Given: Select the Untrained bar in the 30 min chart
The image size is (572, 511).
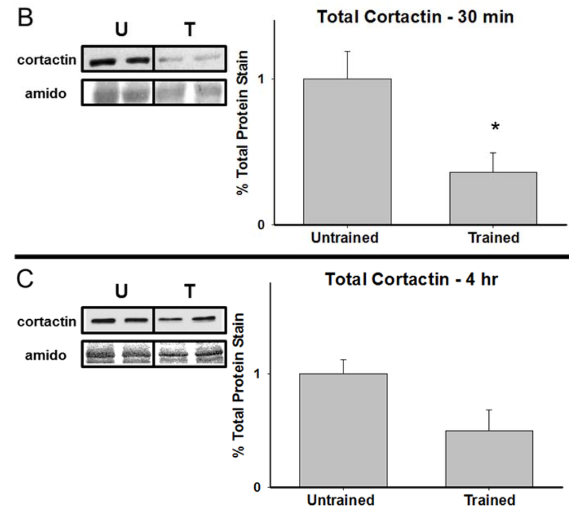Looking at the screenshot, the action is [x=347, y=152].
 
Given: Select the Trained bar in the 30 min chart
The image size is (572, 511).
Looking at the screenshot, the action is [x=493, y=198].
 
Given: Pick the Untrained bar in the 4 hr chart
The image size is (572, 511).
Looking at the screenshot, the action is [x=343, y=430].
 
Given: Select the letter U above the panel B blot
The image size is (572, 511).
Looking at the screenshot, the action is [x=121, y=30].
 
